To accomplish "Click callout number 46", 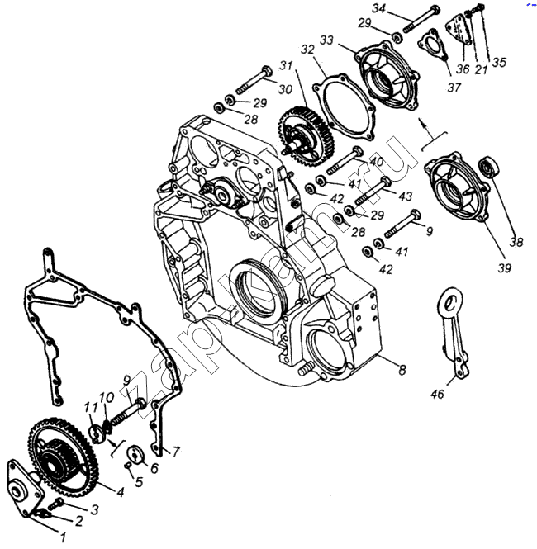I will (x=437, y=395).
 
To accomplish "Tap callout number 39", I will (x=504, y=267).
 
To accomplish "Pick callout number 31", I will (x=286, y=65).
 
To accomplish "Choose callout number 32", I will (x=307, y=50).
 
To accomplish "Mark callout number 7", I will (x=175, y=452).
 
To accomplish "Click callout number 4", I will (x=121, y=493).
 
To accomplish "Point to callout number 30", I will (x=285, y=89).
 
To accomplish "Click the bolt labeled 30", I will (x=252, y=83).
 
